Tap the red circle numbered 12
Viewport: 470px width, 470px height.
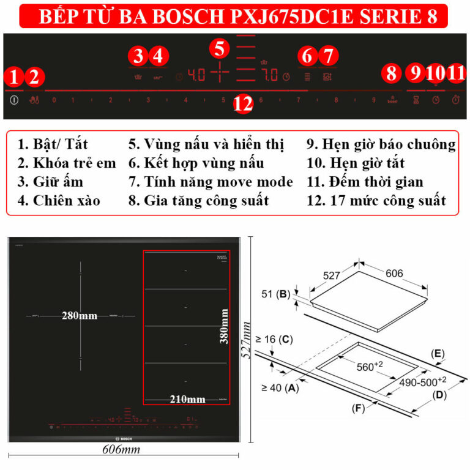tap(243, 104)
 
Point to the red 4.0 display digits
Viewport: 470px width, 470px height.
tap(196, 76)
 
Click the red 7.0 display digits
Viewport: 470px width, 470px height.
tap(270, 76)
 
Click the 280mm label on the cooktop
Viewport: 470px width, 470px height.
tap(80, 316)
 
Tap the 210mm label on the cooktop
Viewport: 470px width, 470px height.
tap(187, 399)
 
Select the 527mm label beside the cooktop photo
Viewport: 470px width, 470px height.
tap(247, 343)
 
